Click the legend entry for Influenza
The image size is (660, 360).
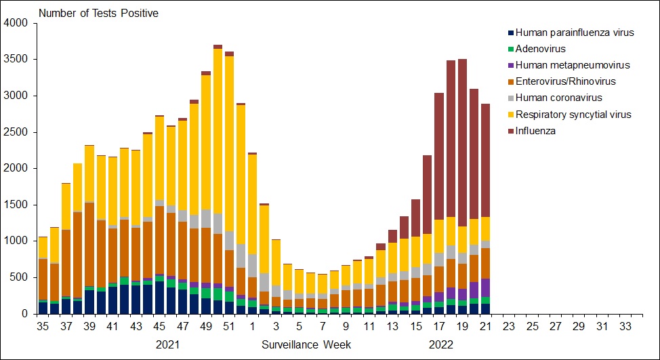(535, 131)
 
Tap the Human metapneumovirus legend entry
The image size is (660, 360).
(573, 65)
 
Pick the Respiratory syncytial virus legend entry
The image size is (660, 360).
(573, 115)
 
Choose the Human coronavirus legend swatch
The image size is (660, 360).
(510, 98)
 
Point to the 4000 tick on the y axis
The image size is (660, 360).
(16, 23)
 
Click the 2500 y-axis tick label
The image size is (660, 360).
(16, 132)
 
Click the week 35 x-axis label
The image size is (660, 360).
(43, 326)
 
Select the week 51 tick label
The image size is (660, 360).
(229, 326)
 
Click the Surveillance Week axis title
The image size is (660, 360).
(306, 344)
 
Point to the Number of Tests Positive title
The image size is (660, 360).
(100, 13)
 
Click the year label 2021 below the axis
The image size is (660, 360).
(168, 344)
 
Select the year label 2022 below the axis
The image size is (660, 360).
(441, 344)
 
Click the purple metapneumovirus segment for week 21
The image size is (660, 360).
(485, 287)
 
